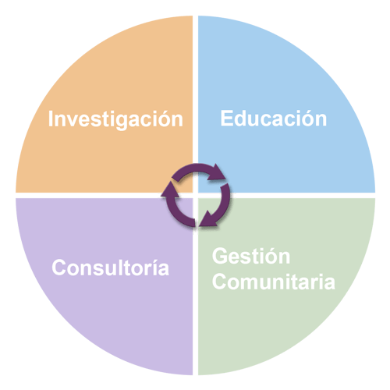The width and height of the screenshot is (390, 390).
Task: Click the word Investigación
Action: pos(115,119)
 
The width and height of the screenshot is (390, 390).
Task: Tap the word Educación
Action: pos(274,119)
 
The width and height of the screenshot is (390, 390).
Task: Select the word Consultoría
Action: pos(111,268)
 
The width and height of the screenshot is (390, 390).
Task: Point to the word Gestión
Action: pos(251,256)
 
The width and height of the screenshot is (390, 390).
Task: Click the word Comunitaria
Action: pos(274,282)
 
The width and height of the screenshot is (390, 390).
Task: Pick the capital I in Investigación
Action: pos(51,119)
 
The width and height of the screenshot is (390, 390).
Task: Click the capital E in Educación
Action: pos(226,119)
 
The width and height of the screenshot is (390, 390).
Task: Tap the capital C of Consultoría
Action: pos(59,268)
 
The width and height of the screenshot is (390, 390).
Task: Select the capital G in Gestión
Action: pos(220,256)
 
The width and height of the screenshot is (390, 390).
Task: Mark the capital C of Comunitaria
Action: pos(220,282)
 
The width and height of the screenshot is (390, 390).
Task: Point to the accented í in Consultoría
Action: pos(152,268)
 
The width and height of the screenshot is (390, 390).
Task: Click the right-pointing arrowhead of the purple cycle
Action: pos(216,172)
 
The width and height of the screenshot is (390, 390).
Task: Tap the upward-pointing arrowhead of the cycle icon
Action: pos(170,190)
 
